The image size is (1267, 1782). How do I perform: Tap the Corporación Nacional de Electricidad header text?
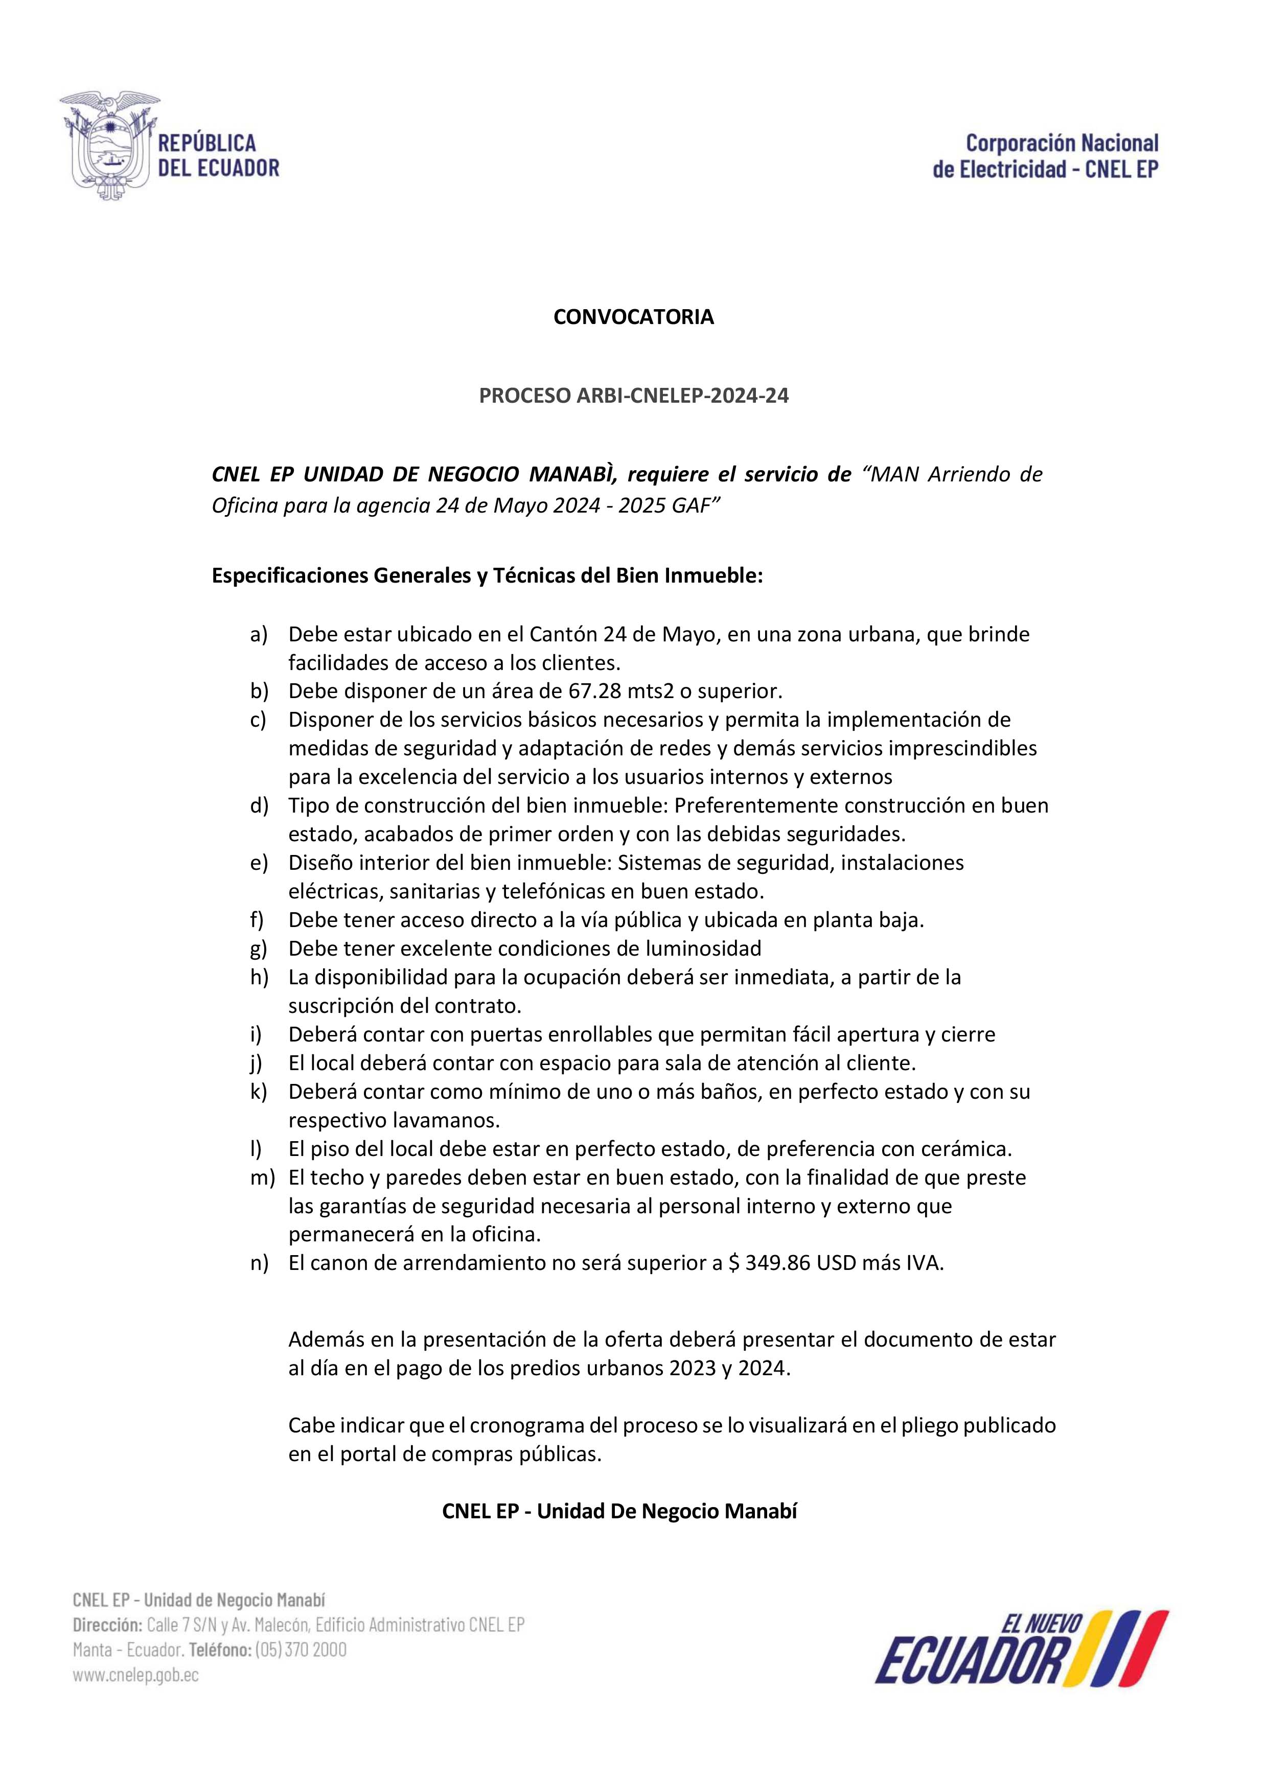[1045, 156]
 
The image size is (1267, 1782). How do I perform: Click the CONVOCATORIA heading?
[634, 317]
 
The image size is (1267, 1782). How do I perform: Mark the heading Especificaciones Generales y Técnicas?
[488, 576]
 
